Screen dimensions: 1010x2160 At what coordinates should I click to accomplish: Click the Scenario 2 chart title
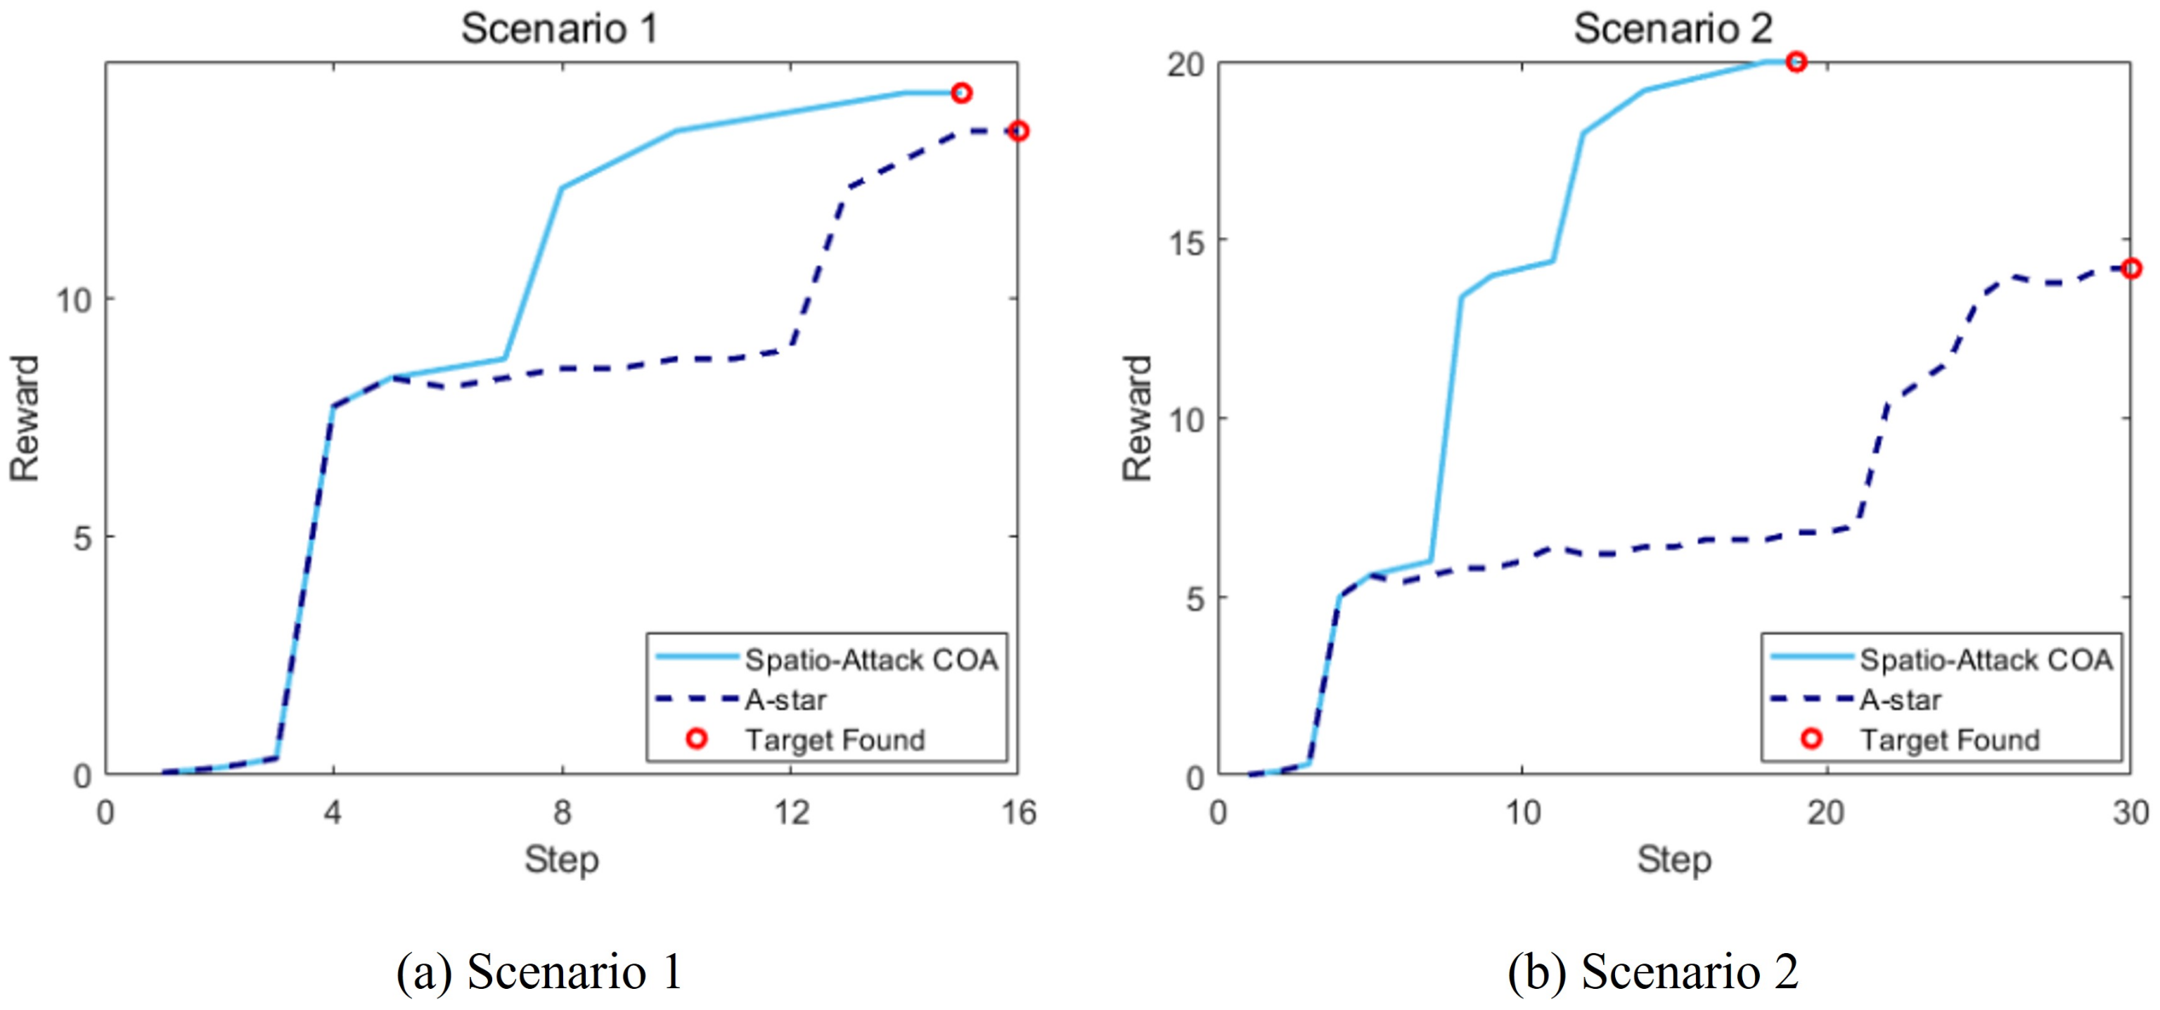[1673, 29]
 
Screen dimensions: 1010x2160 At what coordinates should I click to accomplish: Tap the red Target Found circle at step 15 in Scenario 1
[962, 93]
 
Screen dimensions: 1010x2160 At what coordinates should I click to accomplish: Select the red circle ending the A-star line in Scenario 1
[1018, 131]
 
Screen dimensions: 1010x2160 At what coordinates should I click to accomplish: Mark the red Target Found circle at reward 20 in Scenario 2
[1795, 62]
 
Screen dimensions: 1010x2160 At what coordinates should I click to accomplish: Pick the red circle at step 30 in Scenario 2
[2130, 269]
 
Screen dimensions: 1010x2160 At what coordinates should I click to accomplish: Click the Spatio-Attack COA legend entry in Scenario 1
[870, 660]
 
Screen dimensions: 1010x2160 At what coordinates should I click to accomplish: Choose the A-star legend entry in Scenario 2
[1899, 700]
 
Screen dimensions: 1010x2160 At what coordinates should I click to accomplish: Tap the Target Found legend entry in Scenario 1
[835, 740]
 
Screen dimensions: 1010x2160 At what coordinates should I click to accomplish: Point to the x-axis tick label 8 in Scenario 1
[562, 812]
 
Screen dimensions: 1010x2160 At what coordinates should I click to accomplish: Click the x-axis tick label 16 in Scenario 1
[1018, 812]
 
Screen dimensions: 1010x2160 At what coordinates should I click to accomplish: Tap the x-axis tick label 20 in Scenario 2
[1825, 812]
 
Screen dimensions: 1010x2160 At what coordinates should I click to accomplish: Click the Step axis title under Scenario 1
[562, 860]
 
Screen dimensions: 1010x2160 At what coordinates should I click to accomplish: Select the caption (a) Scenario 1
[539, 972]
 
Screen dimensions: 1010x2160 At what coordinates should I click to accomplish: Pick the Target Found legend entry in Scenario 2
[1948, 740]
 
